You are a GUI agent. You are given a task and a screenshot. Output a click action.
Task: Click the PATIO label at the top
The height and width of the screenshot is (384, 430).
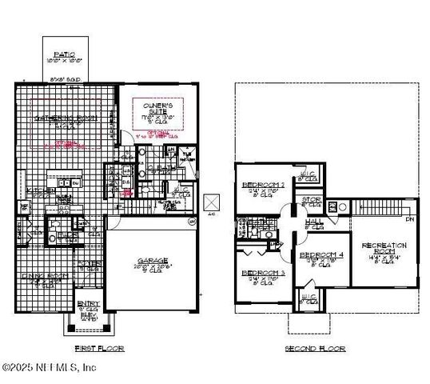(64, 54)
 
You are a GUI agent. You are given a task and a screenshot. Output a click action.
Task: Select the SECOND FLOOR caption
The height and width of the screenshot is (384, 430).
(315, 349)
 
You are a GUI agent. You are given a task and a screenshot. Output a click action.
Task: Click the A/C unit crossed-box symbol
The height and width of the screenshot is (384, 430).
(212, 202)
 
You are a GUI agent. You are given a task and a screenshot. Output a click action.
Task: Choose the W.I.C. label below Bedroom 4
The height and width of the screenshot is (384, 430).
(309, 298)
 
